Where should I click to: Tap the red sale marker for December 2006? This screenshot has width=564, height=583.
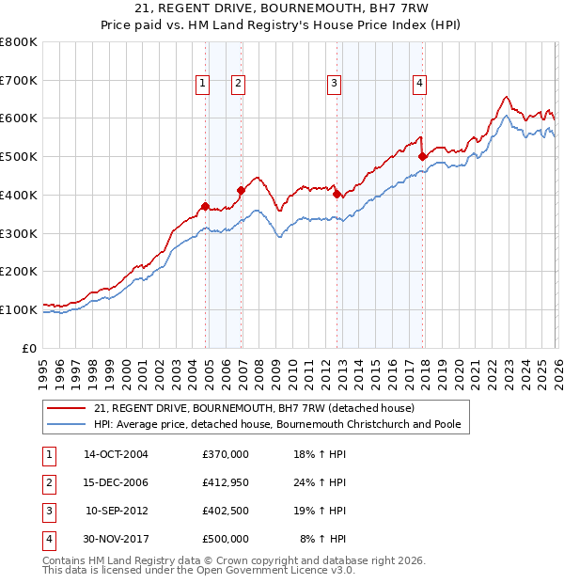(x=241, y=190)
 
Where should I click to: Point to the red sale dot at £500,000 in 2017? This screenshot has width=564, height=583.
(x=423, y=156)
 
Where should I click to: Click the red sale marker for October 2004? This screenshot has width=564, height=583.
(x=205, y=206)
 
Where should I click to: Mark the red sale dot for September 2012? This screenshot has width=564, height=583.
(x=337, y=195)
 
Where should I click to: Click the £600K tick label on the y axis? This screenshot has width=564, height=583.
(x=19, y=118)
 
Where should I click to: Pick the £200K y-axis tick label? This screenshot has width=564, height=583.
(x=19, y=272)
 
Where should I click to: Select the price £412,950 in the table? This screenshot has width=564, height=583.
(x=226, y=482)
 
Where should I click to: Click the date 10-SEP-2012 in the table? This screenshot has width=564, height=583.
(x=117, y=511)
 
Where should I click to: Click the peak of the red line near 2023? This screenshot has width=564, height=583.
(x=506, y=96)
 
